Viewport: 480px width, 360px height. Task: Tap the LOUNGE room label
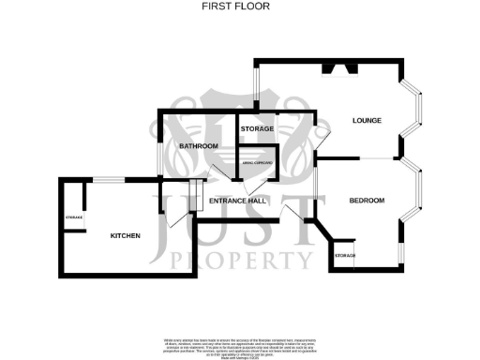click(365, 121)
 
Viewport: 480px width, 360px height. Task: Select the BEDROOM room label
click(367, 200)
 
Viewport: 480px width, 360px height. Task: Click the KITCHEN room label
click(126, 235)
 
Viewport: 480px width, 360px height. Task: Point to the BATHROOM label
click(199, 146)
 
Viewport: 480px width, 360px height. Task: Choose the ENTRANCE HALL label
click(238, 201)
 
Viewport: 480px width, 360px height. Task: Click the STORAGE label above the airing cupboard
click(257, 128)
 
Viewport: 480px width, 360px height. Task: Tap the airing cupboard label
click(257, 163)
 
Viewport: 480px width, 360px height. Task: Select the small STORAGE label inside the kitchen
click(74, 217)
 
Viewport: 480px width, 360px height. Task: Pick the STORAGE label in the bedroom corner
click(344, 255)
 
